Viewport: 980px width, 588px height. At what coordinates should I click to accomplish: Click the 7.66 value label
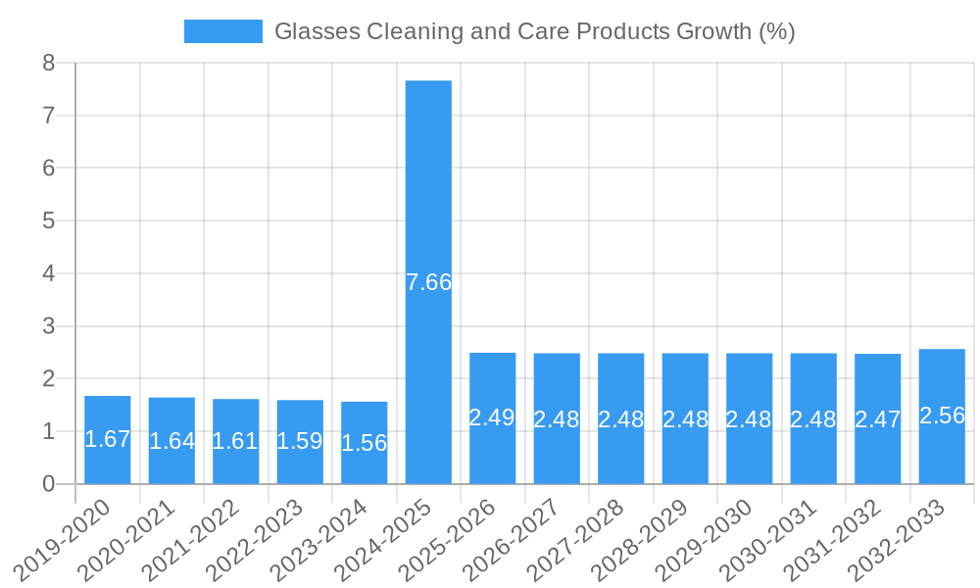pyautogui.click(x=428, y=282)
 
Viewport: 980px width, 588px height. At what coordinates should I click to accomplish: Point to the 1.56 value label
pyautogui.click(x=365, y=443)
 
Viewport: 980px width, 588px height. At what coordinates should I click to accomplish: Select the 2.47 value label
pyautogui.click(x=878, y=419)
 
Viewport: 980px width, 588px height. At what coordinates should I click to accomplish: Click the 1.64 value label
pyautogui.click(x=171, y=441)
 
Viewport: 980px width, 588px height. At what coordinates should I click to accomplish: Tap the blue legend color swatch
pyautogui.click(x=223, y=31)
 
